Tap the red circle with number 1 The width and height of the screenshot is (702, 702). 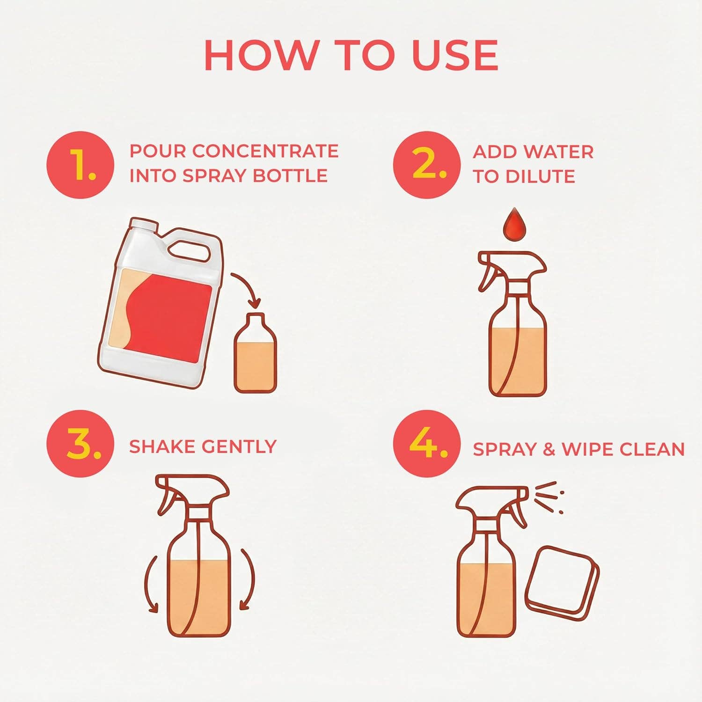click(80, 165)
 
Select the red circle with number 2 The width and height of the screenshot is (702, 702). click(426, 165)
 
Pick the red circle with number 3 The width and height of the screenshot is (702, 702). click(80, 443)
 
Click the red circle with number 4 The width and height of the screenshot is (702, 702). click(426, 443)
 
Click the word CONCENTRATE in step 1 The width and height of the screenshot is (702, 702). click(265, 151)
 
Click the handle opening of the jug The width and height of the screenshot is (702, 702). click(188, 248)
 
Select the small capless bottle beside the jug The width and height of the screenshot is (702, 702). click(255, 356)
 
